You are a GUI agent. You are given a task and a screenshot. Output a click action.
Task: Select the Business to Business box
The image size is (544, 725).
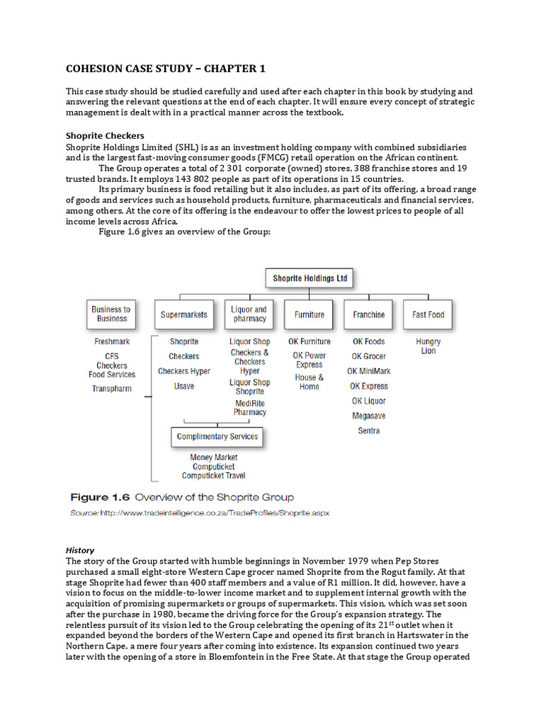[x=110, y=314]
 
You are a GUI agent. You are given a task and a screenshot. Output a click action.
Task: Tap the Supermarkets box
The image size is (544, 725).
[x=184, y=314]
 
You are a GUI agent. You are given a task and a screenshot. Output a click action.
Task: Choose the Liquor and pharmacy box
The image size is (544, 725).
[x=249, y=314]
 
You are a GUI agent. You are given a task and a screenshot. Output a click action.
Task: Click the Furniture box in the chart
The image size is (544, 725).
[x=310, y=314]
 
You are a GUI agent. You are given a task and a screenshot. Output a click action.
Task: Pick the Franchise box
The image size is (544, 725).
[x=369, y=314]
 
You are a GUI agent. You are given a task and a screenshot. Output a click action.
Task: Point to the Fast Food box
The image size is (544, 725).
[x=429, y=314]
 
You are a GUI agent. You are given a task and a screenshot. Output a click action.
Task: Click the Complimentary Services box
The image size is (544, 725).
[x=217, y=436]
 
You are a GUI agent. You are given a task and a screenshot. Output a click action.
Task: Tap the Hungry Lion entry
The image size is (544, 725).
[x=429, y=346]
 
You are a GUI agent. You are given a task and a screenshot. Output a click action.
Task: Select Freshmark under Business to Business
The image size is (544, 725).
[x=112, y=341]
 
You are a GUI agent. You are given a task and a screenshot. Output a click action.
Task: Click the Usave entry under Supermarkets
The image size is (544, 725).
[x=184, y=386]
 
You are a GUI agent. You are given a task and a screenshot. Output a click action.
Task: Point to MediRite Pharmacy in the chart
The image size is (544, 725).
[x=250, y=408]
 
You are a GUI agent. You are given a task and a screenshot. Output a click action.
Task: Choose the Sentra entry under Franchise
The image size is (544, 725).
[x=369, y=430]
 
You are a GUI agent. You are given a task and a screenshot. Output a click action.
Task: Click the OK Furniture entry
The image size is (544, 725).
[x=310, y=341]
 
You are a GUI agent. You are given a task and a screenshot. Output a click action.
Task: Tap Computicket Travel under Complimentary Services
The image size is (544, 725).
[x=214, y=476]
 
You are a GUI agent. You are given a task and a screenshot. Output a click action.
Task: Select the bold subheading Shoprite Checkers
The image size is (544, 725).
[x=105, y=136]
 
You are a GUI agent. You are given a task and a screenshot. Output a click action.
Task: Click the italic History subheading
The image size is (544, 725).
[x=80, y=550]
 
